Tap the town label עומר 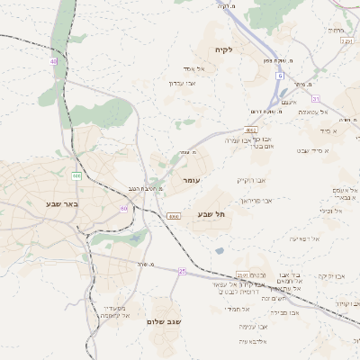[190, 181]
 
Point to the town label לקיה [223, 49]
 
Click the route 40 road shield [54, 61]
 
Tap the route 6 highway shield [280, 76]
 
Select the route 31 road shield [315, 98]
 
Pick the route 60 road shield [123, 208]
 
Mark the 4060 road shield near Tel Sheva [174, 216]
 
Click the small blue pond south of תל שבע [219, 250]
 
